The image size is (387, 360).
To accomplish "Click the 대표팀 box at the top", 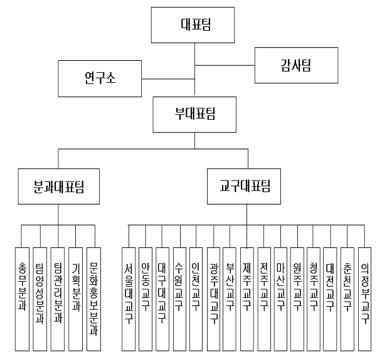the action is coord(193,25).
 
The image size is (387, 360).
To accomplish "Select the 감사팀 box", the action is coord(296,65).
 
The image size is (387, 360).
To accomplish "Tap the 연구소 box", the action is coord(100,78).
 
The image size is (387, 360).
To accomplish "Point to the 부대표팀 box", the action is coord(194,115).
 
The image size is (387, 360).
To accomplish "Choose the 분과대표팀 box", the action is coord(59,186).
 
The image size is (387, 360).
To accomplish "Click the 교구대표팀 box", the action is coord(244,186).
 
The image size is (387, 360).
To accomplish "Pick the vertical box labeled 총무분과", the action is coord(22,299).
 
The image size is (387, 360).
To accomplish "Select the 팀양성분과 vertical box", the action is coord(40,299).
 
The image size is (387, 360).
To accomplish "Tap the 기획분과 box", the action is coord(75,299).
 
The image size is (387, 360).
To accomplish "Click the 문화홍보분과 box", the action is coord(94,299).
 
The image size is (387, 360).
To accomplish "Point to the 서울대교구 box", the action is coord(129,299).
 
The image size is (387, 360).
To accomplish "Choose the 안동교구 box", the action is coord(146,299).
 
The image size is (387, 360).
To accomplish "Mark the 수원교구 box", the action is coord(179,299).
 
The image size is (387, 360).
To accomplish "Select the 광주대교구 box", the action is coord(213,299).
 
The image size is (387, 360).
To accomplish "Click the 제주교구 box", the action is coord(247,299).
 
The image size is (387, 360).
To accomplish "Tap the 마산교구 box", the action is coord(280,299).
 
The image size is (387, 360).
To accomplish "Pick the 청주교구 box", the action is coord(314,299).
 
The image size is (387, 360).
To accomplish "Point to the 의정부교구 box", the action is coord(364,299).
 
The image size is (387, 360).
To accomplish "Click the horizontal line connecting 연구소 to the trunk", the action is coord(168,79).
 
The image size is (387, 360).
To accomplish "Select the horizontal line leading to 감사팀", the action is coord(225,65).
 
